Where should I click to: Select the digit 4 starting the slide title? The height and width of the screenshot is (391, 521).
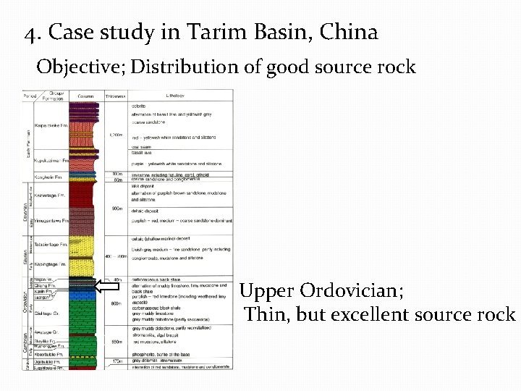(x=29, y=33)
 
